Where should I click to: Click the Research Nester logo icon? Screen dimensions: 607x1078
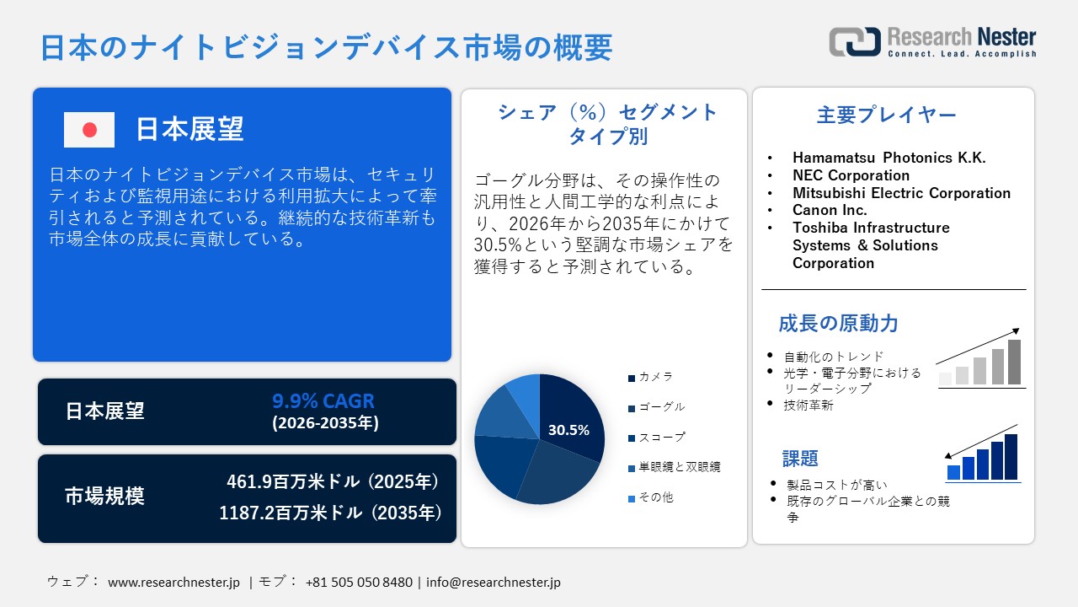click(x=854, y=42)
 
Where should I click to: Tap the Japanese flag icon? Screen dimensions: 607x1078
click(x=89, y=130)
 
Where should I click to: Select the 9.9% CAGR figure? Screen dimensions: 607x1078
click(x=323, y=400)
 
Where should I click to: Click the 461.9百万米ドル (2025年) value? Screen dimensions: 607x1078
click(x=334, y=482)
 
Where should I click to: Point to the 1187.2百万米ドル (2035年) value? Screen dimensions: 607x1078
click(x=330, y=513)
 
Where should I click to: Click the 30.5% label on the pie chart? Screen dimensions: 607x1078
click(x=568, y=430)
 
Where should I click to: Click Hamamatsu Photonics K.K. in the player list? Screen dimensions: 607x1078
click(x=889, y=158)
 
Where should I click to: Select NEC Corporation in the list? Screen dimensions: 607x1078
click(x=851, y=175)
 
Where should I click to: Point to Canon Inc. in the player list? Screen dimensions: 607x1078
click(x=830, y=210)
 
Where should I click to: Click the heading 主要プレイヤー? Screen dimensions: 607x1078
click(x=887, y=115)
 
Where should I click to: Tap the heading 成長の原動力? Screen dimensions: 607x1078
click(x=838, y=323)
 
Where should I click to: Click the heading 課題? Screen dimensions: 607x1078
click(x=800, y=459)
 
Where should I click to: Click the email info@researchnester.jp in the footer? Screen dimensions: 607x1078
click(x=494, y=583)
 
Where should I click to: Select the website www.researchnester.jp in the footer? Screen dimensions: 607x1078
click(x=174, y=583)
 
